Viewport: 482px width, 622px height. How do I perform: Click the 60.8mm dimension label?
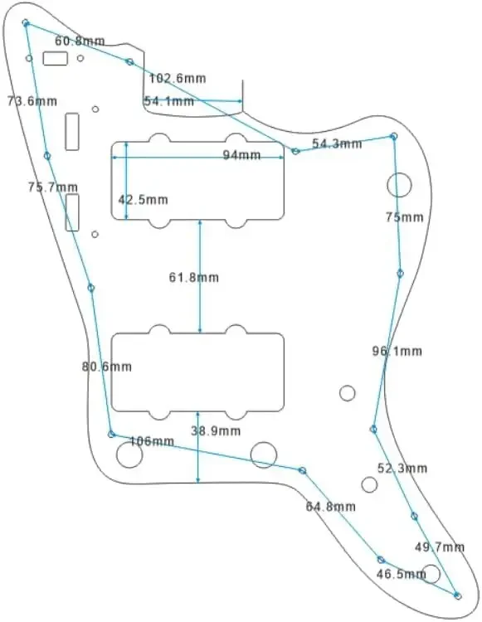(80, 41)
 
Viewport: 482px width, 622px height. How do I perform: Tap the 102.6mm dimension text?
(178, 78)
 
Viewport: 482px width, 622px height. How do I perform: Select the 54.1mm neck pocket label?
(169, 101)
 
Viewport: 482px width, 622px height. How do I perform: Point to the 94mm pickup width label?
(241, 155)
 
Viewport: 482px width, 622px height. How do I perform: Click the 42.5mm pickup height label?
(144, 199)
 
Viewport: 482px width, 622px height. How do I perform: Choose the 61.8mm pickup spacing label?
(194, 277)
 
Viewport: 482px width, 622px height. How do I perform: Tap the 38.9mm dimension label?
(216, 430)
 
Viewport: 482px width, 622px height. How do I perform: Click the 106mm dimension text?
(152, 440)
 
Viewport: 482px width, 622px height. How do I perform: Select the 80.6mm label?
(107, 367)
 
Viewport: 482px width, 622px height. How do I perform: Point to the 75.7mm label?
(53, 187)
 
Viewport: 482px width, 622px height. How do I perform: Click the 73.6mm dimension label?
(32, 101)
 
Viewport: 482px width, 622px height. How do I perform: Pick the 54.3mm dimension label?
(337, 143)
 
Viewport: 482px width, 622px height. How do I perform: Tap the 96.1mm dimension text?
(397, 351)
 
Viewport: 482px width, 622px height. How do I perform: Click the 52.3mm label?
(402, 468)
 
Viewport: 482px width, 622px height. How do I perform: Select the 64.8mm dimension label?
(331, 507)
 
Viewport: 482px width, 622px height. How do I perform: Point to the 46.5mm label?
(402, 574)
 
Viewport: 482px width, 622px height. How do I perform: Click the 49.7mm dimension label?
(440, 547)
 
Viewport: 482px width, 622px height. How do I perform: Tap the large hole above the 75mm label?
(400, 185)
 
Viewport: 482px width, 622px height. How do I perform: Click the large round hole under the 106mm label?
(129, 454)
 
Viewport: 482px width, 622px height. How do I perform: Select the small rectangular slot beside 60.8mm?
(55, 58)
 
